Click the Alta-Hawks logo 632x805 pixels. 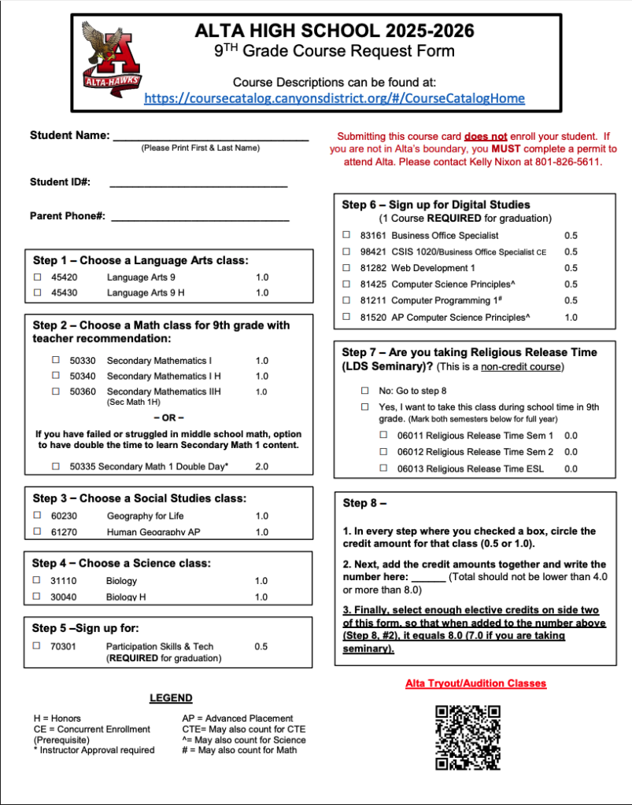tap(109, 59)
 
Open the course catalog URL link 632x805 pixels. tap(334, 98)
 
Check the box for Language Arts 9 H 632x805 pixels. tap(37, 293)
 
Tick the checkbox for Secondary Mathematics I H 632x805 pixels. tap(56, 376)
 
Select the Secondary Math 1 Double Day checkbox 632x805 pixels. tap(56, 466)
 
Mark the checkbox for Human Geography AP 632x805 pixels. tap(37, 532)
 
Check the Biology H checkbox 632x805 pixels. tap(37, 597)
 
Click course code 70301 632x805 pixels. tap(64, 646)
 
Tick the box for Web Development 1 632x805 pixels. tap(346, 268)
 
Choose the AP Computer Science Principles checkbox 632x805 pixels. tap(346, 317)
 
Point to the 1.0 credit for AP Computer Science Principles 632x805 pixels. tap(571, 318)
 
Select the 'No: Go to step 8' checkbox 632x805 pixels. tap(364, 391)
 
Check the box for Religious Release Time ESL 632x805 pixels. tap(384, 469)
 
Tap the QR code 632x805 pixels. tap(468, 737)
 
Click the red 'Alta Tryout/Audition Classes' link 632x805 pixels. tap(475, 683)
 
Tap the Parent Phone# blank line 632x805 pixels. tap(200, 218)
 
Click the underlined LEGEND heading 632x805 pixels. tap(171, 698)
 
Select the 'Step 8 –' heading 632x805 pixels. tap(364, 503)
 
